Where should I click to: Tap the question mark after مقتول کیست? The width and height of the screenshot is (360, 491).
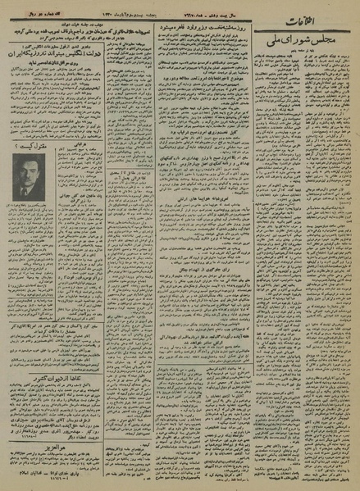click(x=16, y=144)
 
